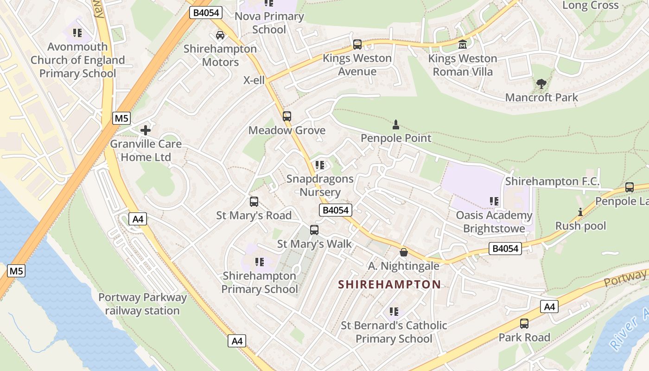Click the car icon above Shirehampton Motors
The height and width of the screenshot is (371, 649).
220,35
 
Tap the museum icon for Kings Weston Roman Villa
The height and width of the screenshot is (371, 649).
463,45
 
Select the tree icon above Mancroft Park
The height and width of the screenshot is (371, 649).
541,84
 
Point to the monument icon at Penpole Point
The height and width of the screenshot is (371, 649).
396,124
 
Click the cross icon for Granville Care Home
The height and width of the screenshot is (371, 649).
146,130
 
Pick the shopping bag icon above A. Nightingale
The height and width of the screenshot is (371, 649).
404,252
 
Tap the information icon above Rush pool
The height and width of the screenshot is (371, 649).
580,212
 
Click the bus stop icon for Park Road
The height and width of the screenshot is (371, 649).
524,324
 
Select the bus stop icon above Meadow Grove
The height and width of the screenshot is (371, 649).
287,116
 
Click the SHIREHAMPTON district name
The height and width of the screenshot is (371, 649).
389,285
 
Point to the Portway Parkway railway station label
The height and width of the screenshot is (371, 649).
142,304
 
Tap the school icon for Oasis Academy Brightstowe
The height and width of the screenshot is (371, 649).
494,201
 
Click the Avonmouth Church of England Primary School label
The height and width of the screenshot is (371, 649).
78,60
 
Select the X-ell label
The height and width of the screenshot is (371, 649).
254,80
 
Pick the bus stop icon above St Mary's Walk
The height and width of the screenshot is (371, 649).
314,230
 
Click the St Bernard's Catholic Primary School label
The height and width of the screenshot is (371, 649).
394,332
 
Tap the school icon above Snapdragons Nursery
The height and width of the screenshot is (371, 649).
319,165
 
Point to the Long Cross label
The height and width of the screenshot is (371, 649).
590,6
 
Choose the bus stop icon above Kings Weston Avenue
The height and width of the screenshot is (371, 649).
357,45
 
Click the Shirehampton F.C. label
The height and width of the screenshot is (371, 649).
552,181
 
